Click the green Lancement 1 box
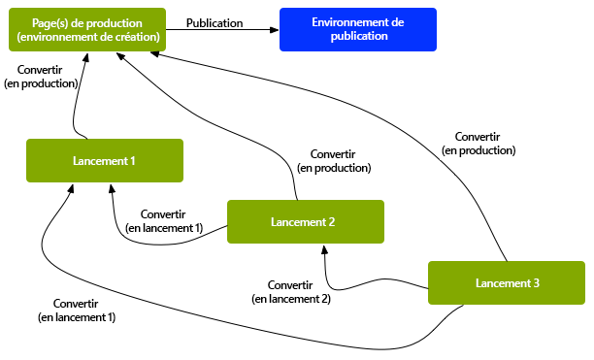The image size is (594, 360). click(104, 160)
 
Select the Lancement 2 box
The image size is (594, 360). click(305, 221)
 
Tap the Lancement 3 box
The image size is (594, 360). click(506, 282)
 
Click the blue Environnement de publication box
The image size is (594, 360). click(357, 29)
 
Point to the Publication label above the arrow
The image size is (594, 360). click(214, 22)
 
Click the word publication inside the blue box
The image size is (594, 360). click(358, 36)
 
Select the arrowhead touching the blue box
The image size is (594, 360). click(274, 30)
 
